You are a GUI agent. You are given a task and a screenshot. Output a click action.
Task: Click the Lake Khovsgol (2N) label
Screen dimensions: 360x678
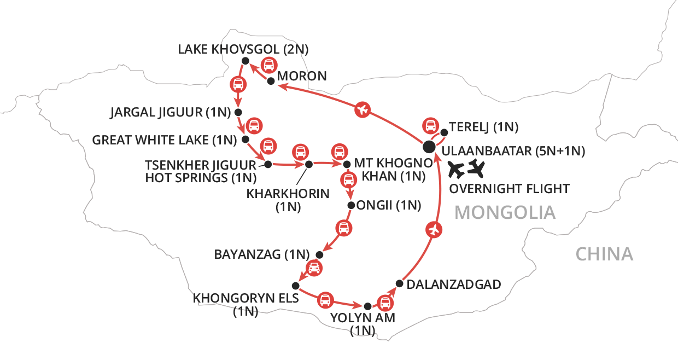click(243, 50)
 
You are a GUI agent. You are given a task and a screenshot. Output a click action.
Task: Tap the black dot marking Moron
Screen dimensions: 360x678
click(270, 81)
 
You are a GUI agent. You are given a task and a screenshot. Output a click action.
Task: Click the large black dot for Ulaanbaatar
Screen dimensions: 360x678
click(429, 146)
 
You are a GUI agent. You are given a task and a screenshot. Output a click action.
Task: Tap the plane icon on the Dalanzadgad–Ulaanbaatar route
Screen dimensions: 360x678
click(435, 230)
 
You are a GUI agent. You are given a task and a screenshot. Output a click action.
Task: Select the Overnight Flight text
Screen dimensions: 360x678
click(508, 189)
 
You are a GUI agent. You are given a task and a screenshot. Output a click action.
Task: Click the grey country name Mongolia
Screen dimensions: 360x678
click(505, 212)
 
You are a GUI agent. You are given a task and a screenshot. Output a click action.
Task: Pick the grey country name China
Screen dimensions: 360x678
click(604, 254)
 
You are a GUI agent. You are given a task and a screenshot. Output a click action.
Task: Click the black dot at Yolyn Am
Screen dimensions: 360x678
click(367, 306)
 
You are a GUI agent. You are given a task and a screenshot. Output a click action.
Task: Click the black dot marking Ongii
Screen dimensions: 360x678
click(351, 206)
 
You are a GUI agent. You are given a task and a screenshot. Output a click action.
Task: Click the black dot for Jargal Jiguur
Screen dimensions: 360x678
click(238, 112)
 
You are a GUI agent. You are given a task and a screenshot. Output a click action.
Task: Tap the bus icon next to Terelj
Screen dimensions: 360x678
click(431, 125)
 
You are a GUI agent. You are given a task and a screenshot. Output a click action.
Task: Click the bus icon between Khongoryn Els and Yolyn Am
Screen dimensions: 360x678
click(325, 299)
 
